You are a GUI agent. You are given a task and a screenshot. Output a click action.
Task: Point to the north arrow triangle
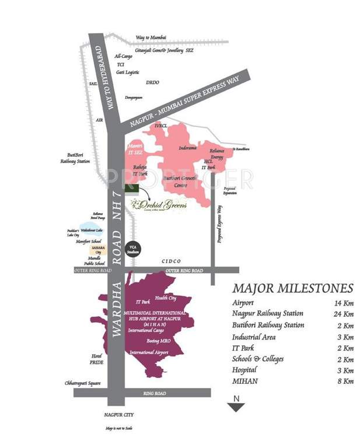tap(236, 407)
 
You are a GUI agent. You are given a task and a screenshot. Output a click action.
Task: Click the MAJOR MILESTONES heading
tap(292, 289)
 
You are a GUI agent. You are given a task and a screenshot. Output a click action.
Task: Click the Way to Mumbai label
tap(151, 37)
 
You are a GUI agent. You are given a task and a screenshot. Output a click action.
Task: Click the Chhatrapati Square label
tap(82, 383)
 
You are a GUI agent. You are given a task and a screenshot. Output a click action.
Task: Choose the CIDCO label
tap(172, 261)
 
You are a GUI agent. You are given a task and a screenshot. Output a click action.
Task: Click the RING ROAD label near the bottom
tap(156, 393)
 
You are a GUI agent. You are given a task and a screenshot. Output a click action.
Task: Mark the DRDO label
tap(152, 82)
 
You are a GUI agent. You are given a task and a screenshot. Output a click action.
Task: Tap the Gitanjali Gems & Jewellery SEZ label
tap(165, 51)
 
